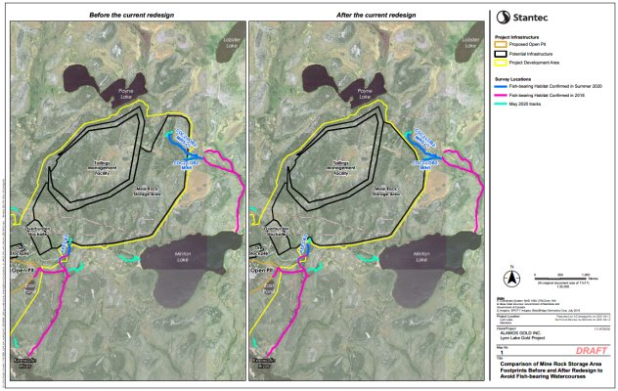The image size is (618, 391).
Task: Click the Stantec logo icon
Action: pyautogui.click(x=504, y=16)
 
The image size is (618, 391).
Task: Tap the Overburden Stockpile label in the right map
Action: pyautogui.click(x=278, y=235)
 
